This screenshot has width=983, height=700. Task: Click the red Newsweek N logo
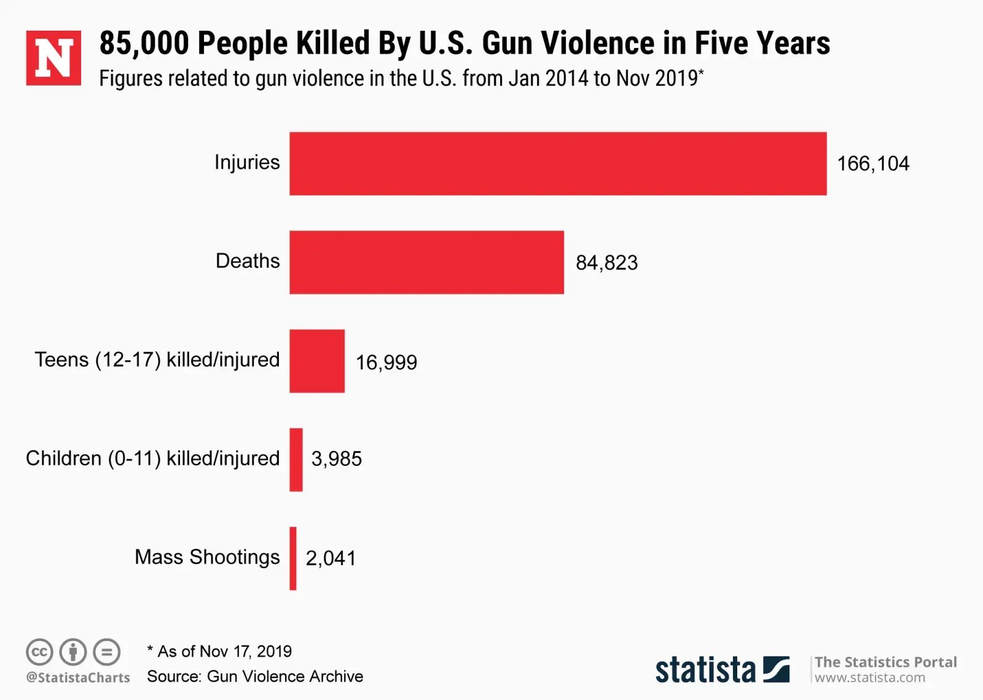point(53,58)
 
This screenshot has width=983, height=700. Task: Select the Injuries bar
point(558,163)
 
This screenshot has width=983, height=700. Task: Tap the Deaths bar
point(426,262)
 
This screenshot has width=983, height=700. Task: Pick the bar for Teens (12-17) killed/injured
point(317,361)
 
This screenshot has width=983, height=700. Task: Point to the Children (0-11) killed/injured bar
point(296,460)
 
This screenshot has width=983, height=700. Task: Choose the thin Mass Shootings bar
point(293,558)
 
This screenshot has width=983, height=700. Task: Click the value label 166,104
point(872,163)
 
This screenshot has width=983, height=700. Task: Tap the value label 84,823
point(606,263)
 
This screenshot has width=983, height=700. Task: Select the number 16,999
point(386,363)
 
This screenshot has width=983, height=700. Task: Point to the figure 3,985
point(336,459)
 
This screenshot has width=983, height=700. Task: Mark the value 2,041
point(331,558)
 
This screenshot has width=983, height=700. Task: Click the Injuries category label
point(247,163)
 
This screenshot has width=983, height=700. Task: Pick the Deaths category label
point(248,261)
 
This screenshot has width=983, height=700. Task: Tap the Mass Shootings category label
point(207,557)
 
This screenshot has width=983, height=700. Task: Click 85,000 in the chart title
point(144,43)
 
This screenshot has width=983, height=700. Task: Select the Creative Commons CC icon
point(39,652)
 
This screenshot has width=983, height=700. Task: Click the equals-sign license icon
point(107,652)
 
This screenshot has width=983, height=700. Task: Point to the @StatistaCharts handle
point(78,677)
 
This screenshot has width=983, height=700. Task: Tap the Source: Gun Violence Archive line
point(255,676)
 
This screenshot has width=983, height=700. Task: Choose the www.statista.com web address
point(869,677)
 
